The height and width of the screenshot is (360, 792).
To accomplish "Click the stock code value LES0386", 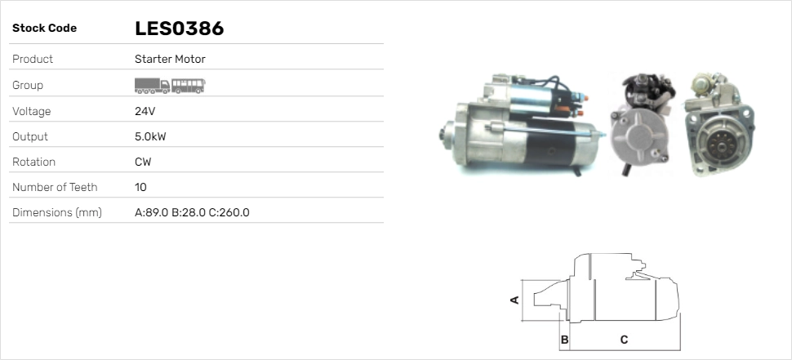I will pos(179,29).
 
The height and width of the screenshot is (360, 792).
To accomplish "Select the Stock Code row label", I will pos(44,29).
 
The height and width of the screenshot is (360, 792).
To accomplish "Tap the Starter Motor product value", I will pos(170,59).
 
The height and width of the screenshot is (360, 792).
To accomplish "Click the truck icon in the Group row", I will pos(152,84).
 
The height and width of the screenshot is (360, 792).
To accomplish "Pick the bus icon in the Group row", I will pos(189,84).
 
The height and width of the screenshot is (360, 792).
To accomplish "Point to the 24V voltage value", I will pos(145,111).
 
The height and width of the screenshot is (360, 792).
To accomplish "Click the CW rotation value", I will pos(143,162).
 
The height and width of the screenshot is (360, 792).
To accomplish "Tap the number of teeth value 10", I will pos(140,187).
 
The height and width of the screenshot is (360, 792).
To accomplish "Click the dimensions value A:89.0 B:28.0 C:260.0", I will pos(192,212).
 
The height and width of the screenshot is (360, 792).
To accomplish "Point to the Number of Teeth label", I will pos(55,187).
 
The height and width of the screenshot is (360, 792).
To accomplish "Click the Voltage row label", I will pos(32,111).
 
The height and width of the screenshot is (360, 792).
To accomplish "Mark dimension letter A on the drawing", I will pos(514,300).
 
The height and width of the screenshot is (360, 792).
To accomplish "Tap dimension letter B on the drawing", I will pos(564,339).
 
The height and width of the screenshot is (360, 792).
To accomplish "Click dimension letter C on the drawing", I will pos(624,339).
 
